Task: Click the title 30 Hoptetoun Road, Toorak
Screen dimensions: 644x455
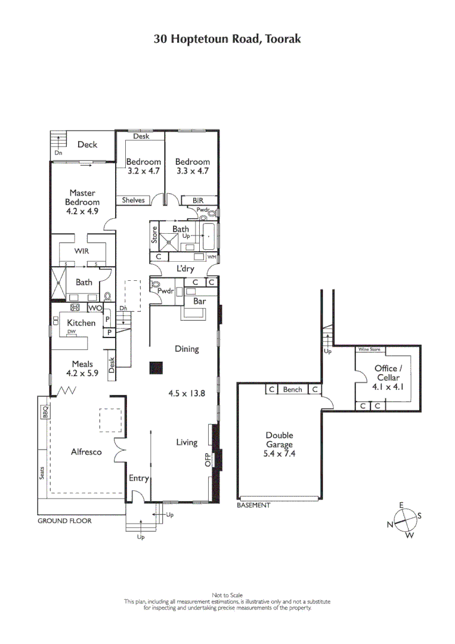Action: point(227,39)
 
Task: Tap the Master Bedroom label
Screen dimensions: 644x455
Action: point(82,197)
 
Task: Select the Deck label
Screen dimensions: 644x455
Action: point(87,144)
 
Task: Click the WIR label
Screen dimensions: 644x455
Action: point(82,251)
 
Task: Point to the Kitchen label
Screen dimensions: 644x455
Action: point(81,323)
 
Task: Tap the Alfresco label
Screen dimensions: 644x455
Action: point(86,452)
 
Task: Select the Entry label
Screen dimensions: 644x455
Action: point(138,478)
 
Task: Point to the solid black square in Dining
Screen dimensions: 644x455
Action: point(156,368)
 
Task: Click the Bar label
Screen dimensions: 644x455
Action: point(199,301)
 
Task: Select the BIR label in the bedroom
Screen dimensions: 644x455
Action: point(198,200)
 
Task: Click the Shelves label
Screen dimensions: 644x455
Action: point(133,200)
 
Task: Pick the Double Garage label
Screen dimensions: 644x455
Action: point(280,444)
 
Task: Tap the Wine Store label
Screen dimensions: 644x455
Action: point(370,349)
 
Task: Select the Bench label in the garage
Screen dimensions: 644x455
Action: point(292,389)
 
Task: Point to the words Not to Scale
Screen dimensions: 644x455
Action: point(227,595)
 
